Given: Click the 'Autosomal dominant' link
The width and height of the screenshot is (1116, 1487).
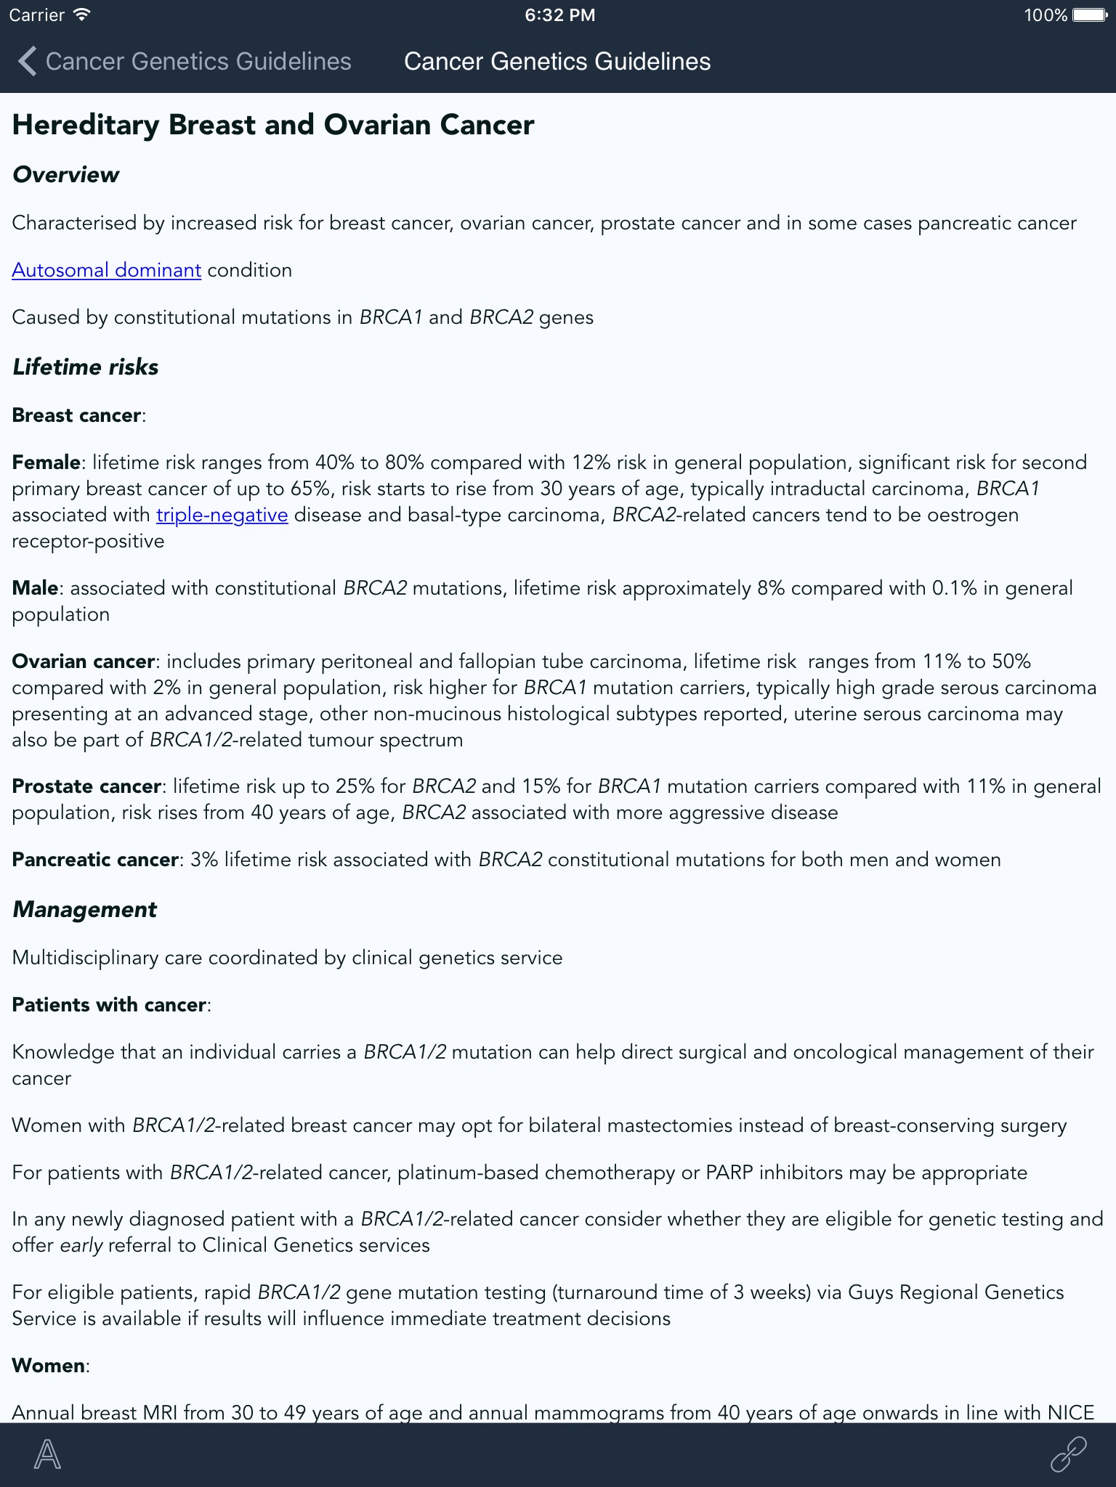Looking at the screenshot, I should (x=106, y=270).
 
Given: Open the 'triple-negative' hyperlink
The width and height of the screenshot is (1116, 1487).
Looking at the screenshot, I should (x=222, y=515).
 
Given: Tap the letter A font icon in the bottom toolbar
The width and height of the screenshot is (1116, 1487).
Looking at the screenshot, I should (x=48, y=1454).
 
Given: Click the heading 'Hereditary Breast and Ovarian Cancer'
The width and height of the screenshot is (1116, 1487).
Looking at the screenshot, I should (x=273, y=125).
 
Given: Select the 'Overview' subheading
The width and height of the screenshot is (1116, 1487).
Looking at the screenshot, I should (x=65, y=174).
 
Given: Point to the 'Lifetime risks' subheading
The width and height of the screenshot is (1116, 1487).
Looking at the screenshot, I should (x=85, y=367).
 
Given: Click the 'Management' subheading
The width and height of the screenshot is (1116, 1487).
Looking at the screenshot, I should (x=84, y=909).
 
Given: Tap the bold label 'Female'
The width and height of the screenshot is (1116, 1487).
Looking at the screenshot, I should (x=46, y=463).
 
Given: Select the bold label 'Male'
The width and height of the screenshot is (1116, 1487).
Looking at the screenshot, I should (x=35, y=588).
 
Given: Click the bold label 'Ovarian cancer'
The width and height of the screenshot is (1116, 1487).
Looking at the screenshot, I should (x=83, y=661).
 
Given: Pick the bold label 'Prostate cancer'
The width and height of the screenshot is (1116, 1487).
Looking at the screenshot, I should (x=86, y=786).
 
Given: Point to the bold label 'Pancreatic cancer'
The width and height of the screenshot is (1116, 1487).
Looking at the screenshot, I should (x=95, y=860).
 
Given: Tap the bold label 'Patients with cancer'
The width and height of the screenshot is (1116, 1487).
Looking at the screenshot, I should (x=109, y=1005).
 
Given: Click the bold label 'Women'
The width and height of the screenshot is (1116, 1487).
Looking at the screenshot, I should (x=48, y=1366).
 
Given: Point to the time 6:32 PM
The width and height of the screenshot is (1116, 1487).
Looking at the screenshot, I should (x=559, y=15).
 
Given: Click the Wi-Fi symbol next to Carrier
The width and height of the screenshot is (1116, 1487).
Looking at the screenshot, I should (x=82, y=15).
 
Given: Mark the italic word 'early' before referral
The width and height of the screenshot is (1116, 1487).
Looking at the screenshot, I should (x=81, y=1245).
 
